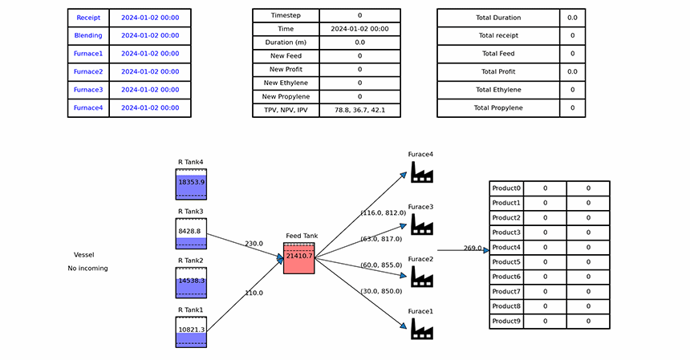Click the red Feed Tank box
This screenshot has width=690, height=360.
pos(298,258)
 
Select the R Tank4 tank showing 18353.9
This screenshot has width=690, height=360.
pos(191,184)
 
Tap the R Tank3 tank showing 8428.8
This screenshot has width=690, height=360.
pos(191,233)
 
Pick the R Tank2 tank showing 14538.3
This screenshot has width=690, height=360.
pos(191,283)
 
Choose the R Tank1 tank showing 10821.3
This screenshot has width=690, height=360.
pos(191,332)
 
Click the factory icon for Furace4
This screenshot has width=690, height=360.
pos(422,172)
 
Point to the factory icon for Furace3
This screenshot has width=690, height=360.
pos(422,224)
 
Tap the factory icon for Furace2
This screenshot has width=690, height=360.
pos(422,277)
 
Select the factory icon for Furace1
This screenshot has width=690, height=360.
pos(422,329)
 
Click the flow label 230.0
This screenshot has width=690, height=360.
pos(254,244)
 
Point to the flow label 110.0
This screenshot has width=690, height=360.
pos(254,293)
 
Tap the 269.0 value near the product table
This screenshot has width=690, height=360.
pos(473,248)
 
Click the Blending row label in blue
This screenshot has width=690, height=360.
pos(88,35)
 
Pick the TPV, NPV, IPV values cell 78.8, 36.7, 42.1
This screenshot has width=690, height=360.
pos(360,110)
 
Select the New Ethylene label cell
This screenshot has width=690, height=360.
pos(286,83)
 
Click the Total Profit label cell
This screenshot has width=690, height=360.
pos(498,71)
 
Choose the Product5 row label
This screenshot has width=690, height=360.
pos(506,262)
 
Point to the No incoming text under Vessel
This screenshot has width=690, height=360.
pos(87,268)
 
